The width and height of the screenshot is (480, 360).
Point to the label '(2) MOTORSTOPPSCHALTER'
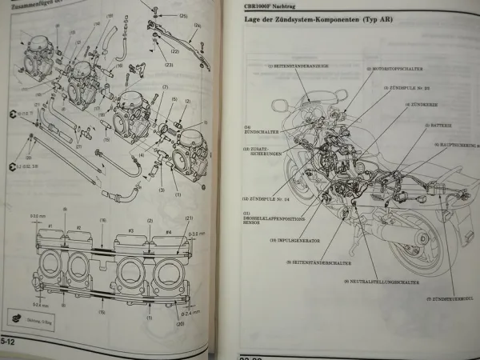tap(394, 70)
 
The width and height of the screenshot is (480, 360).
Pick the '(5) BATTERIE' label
tap(441, 126)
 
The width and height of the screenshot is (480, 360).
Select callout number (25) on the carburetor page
tap(183, 16)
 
